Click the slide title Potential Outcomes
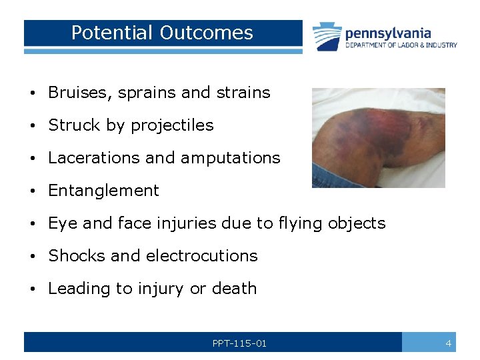click(x=162, y=33)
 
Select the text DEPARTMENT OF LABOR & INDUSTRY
click(x=401, y=45)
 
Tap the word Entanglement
click(x=103, y=191)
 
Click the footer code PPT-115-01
click(x=239, y=343)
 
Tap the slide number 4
click(x=449, y=343)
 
